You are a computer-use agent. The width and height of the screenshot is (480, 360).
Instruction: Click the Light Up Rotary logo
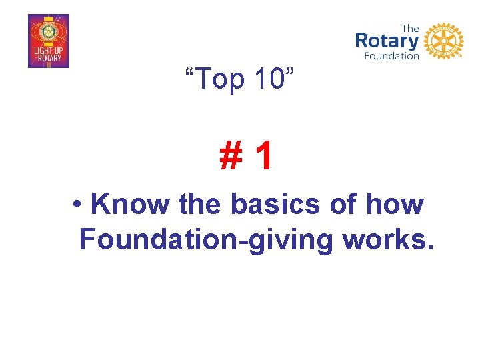point(48,41)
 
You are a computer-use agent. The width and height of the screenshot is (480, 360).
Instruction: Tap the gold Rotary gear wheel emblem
point(443,41)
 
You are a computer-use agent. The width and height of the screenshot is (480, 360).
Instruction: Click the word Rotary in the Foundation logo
point(387,41)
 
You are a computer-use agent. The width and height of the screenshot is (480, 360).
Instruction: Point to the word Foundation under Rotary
point(391,56)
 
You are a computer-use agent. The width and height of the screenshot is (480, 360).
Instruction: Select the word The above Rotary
point(410,28)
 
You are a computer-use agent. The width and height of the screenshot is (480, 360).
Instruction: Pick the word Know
point(130,205)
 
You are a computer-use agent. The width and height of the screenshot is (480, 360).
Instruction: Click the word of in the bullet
point(347,205)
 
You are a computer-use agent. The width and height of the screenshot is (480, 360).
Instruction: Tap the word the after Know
point(201,205)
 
